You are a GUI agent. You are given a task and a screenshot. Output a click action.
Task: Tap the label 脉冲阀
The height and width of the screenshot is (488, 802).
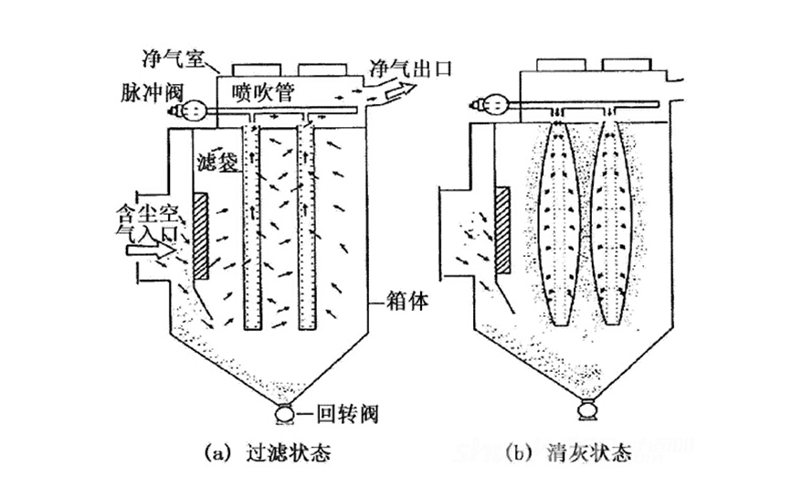[145, 91]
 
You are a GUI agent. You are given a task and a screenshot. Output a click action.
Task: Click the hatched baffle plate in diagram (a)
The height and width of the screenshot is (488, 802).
[201, 237]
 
